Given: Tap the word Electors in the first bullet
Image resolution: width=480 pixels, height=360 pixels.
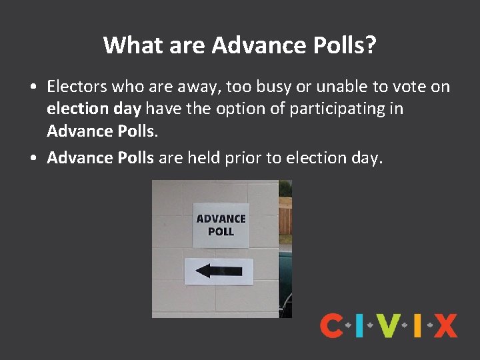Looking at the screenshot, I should pyautogui.click(x=77, y=87).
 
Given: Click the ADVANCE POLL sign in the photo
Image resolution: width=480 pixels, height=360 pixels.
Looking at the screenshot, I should pyautogui.click(x=221, y=225).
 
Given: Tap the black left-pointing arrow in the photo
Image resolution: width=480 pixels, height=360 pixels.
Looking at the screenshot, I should pyautogui.click(x=219, y=271).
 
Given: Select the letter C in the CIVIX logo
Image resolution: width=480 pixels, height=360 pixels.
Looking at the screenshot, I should pyautogui.click(x=331, y=325).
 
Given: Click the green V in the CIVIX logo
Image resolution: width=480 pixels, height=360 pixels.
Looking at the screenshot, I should pyautogui.click(x=389, y=325).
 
